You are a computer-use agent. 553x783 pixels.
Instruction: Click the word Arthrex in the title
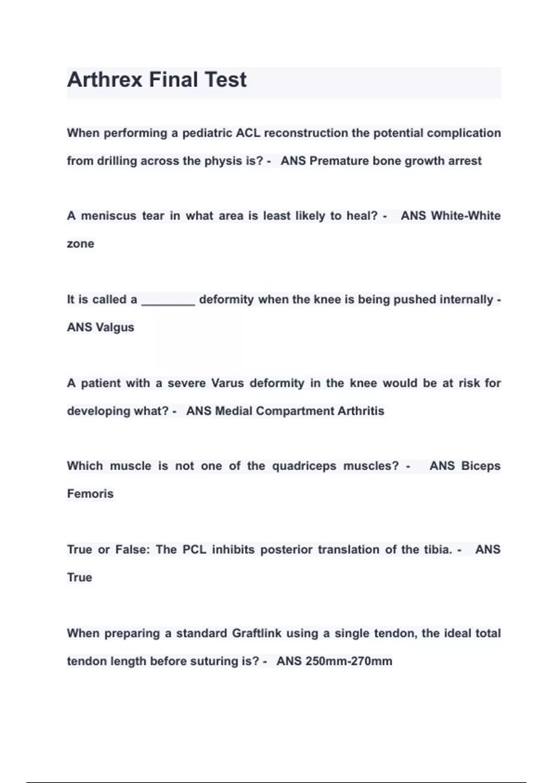[105, 79]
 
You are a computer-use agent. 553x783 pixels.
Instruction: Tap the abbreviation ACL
[248, 133]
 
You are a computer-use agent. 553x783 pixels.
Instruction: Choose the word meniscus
[109, 216]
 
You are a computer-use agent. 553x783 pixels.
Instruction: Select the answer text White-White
[465, 216]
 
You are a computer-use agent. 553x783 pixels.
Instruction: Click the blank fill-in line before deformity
[168, 301]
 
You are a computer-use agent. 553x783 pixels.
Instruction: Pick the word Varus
[228, 383]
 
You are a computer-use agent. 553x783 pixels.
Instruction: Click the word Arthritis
[360, 411]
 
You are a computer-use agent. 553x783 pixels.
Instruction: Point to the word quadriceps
[304, 466]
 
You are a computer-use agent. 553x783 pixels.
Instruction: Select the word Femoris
[90, 494]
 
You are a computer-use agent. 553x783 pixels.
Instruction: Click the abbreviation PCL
[194, 549]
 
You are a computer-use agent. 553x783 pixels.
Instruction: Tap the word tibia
[438, 549]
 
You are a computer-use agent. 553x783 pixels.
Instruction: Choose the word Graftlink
[256, 633]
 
